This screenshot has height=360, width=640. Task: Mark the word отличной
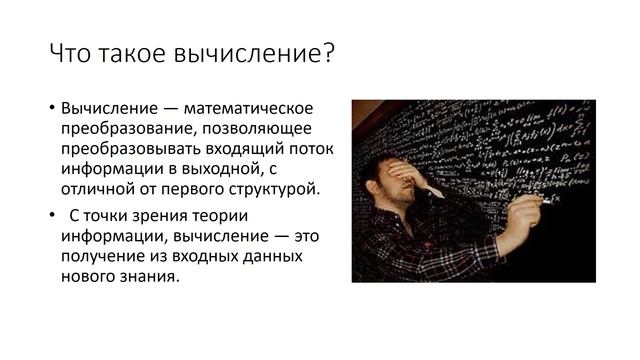96,187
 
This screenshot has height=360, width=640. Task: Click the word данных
270,257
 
